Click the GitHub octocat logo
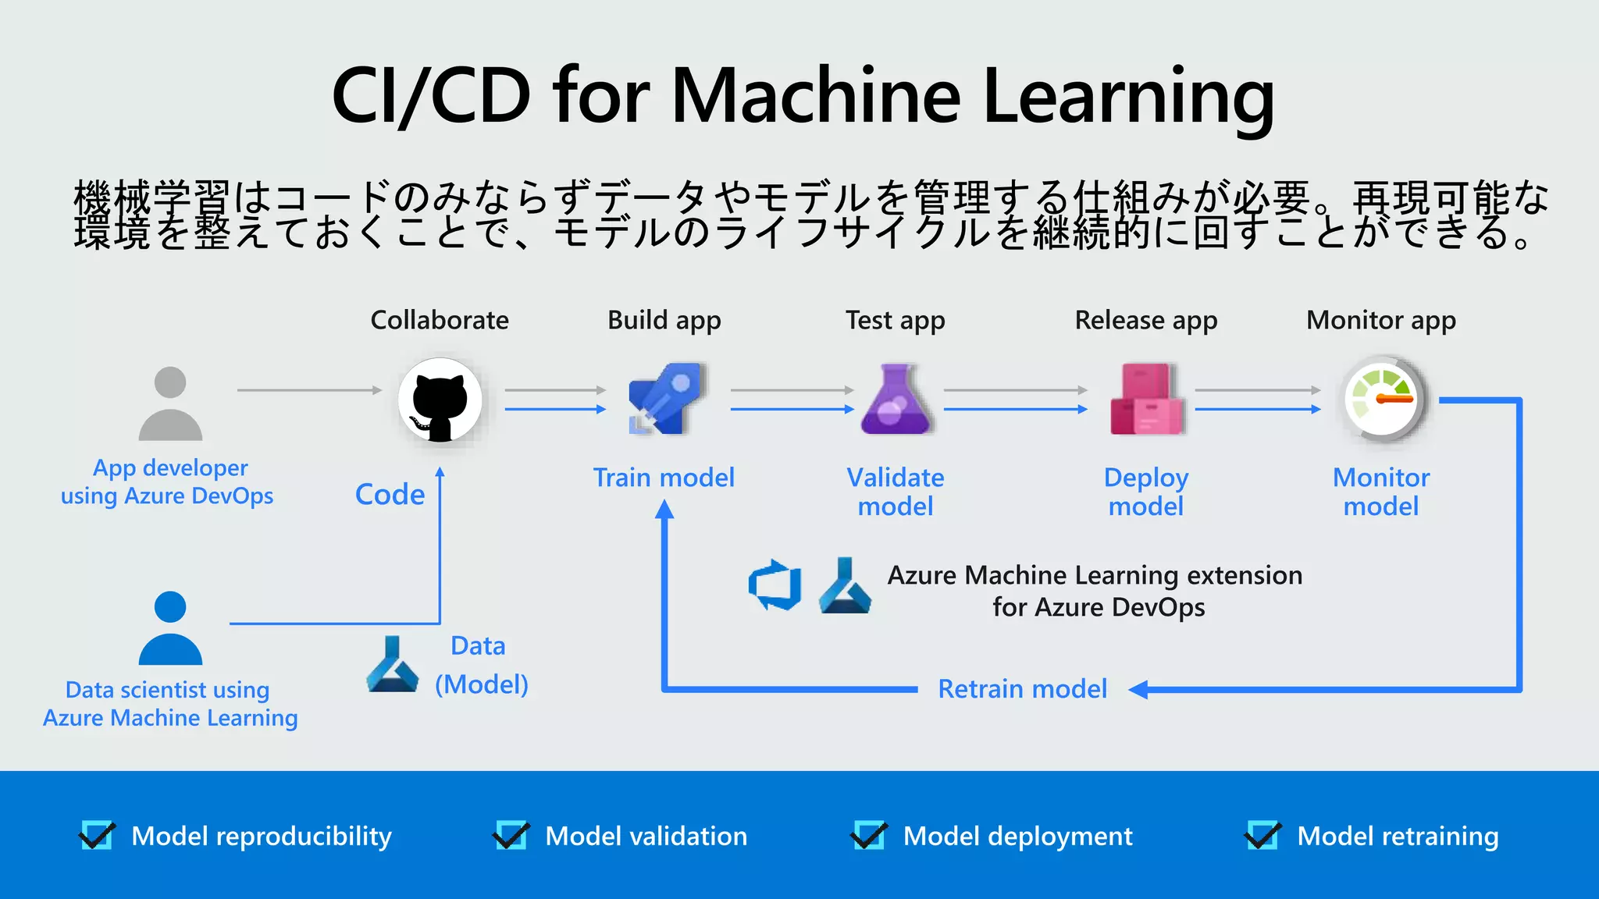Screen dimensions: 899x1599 coord(440,400)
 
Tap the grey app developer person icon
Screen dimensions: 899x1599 coord(170,404)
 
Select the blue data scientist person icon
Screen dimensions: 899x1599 coord(170,629)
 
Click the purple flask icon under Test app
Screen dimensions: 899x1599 coord(896,400)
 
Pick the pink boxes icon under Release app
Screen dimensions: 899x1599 coord(1146,400)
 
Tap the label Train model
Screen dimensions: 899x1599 coord(664,478)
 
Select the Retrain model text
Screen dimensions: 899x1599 coord(1022,689)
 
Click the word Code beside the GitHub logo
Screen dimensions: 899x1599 coord(390,495)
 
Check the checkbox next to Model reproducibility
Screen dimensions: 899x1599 coord(98,836)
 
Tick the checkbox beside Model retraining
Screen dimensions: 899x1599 coord(1262,836)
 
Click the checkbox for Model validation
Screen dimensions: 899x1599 coord(511,836)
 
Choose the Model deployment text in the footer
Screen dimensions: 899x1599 coord(1017,837)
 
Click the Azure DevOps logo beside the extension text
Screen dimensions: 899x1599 coord(775,585)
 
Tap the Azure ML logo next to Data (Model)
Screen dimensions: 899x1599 coord(392,665)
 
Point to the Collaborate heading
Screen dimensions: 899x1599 coord(440,320)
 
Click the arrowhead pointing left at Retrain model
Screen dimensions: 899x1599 coord(1138,689)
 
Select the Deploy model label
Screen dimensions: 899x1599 coord(1146,492)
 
